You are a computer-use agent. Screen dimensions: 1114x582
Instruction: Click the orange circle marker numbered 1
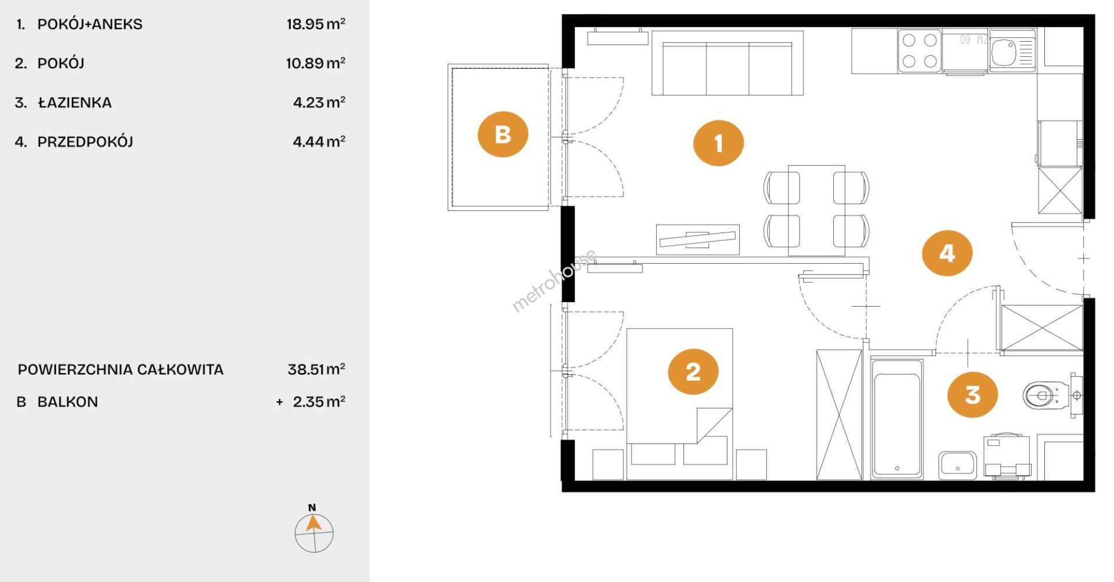tap(718, 143)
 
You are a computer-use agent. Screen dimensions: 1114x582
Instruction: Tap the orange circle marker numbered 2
tap(693, 372)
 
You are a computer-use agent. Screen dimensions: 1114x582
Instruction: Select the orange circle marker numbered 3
tap(972, 395)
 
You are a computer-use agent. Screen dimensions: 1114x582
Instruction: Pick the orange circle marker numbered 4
tap(947, 253)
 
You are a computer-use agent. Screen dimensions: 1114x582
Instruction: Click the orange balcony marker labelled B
tap(502, 134)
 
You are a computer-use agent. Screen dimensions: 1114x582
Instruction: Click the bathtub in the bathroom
tap(896, 419)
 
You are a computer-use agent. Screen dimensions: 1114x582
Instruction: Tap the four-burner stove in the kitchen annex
tap(920, 50)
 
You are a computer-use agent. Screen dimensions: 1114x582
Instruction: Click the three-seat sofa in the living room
tap(728, 63)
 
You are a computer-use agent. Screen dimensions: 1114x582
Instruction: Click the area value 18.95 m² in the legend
tap(316, 24)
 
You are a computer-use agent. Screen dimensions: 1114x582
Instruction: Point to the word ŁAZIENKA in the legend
tap(75, 103)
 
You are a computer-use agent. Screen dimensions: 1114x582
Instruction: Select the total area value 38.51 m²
tap(317, 369)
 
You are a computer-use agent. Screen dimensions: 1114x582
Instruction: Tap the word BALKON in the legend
tap(68, 402)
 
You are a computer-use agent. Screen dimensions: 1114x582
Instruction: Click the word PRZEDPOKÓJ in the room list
tap(85, 141)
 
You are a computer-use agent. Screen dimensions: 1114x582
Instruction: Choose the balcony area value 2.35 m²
tap(319, 402)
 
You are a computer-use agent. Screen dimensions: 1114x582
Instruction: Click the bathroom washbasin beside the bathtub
tap(957, 465)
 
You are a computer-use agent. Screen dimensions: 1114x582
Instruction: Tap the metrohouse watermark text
tap(554, 281)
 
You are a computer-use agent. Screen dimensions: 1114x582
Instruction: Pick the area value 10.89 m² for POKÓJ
tap(316, 63)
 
